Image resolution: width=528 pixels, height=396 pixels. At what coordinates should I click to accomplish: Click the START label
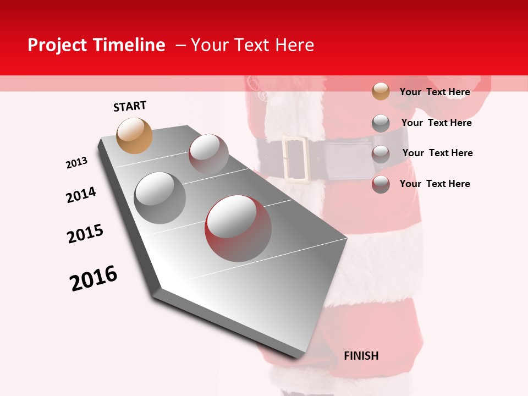[x=130, y=106]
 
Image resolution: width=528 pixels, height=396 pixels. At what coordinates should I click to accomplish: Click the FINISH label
[x=361, y=356]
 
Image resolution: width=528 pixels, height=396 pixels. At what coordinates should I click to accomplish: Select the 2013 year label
[x=76, y=163]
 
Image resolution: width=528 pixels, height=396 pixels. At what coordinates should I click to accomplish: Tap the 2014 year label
[x=81, y=195]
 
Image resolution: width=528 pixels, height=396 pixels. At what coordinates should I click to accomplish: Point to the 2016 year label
[x=94, y=278]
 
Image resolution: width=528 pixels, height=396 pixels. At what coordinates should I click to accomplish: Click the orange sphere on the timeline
[x=135, y=135]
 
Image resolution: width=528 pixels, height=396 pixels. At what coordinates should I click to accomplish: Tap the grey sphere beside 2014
[x=160, y=197]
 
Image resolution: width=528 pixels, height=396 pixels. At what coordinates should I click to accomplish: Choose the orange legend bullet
[x=381, y=91]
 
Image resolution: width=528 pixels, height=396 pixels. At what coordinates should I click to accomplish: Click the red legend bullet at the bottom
[x=381, y=184]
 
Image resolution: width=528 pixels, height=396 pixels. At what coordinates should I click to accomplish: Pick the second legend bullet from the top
[x=381, y=123]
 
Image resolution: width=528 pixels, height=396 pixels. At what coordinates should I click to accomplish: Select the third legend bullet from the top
[x=381, y=154]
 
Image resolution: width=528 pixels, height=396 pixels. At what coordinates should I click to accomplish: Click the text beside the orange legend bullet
[x=435, y=92]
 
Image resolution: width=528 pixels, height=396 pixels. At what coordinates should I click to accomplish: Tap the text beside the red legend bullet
[x=435, y=184]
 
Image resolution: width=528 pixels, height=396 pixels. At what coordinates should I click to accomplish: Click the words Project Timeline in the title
[x=96, y=45]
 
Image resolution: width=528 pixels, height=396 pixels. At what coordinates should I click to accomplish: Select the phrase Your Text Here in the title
[x=252, y=45]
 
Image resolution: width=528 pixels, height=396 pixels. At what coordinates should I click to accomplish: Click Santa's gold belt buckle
[x=296, y=158]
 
